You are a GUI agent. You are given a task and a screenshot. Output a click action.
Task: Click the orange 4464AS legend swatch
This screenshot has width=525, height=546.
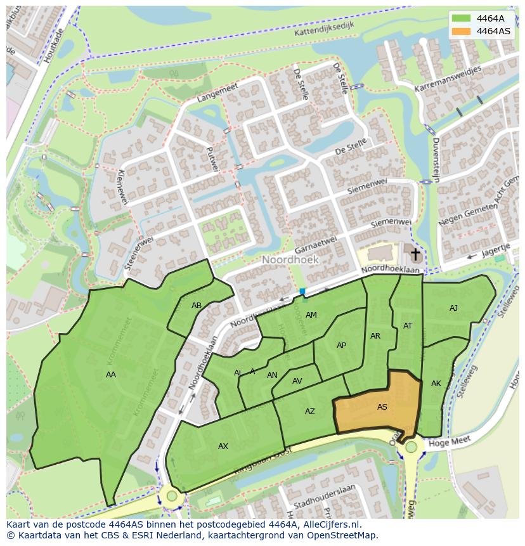point(461,31)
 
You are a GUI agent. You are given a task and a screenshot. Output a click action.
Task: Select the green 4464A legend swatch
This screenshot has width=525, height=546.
point(461,18)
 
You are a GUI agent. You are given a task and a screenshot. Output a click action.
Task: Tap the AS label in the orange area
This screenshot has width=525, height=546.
point(382,407)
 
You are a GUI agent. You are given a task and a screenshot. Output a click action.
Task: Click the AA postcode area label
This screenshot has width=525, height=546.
point(111,375)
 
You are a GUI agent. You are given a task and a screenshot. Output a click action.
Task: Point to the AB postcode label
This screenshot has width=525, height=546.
point(197,306)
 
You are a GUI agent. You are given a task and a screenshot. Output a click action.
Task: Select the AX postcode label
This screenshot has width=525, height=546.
point(223,446)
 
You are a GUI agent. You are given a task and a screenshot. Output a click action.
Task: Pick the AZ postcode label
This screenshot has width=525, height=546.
point(309,412)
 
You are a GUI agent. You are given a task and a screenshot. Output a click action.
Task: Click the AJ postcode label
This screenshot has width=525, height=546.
point(453,308)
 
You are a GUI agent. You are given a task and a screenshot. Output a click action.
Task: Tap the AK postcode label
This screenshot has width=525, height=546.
point(436,384)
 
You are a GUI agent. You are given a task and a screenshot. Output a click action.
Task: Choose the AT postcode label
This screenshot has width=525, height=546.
point(408,326)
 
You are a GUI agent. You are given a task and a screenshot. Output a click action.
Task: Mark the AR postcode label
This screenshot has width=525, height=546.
point(375,336)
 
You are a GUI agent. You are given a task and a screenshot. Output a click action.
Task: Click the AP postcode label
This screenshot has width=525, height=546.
point(341,346)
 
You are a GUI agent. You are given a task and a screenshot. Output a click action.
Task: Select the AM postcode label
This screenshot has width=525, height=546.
point(311,315)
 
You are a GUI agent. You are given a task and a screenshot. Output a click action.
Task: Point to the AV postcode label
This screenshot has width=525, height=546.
point(297,381)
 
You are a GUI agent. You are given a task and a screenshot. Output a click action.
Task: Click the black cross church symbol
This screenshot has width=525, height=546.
point(415,255)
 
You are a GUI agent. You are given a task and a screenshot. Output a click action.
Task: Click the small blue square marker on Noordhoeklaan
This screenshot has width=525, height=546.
point(302,292)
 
